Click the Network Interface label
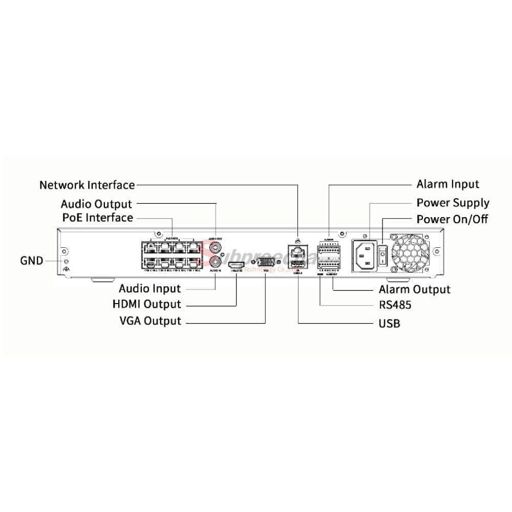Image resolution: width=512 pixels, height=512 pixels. point(87,185)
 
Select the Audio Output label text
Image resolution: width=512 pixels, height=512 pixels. point(96,204)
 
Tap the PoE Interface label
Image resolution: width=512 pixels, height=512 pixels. point(97,218)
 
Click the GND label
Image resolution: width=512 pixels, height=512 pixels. point(32,260)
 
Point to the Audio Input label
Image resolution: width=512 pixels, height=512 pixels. point(150,289)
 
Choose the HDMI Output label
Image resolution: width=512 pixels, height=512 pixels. point(146,304)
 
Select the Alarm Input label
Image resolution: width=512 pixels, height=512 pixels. point(447,184)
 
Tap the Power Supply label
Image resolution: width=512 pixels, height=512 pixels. point(453,203)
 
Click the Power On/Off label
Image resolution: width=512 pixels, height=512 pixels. point(452,219)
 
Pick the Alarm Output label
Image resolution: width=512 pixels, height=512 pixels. point(415,289)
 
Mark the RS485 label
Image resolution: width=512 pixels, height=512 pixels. point(395,306)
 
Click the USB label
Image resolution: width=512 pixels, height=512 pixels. point(389,324)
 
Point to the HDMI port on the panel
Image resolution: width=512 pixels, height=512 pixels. point(236,265)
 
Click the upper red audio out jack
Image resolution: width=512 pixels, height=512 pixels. point(216,248)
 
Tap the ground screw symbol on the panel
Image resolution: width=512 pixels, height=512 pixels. point(65,268)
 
